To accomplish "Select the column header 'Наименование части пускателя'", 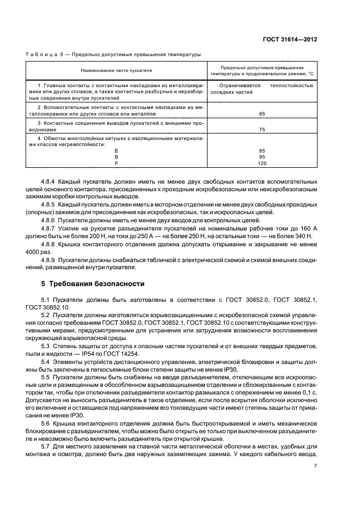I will point(117,71).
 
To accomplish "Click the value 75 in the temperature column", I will point(262,130).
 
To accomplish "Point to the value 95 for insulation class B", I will point(262,156).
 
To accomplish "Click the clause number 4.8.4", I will point(50,180).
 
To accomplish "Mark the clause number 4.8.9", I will point(50,260).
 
